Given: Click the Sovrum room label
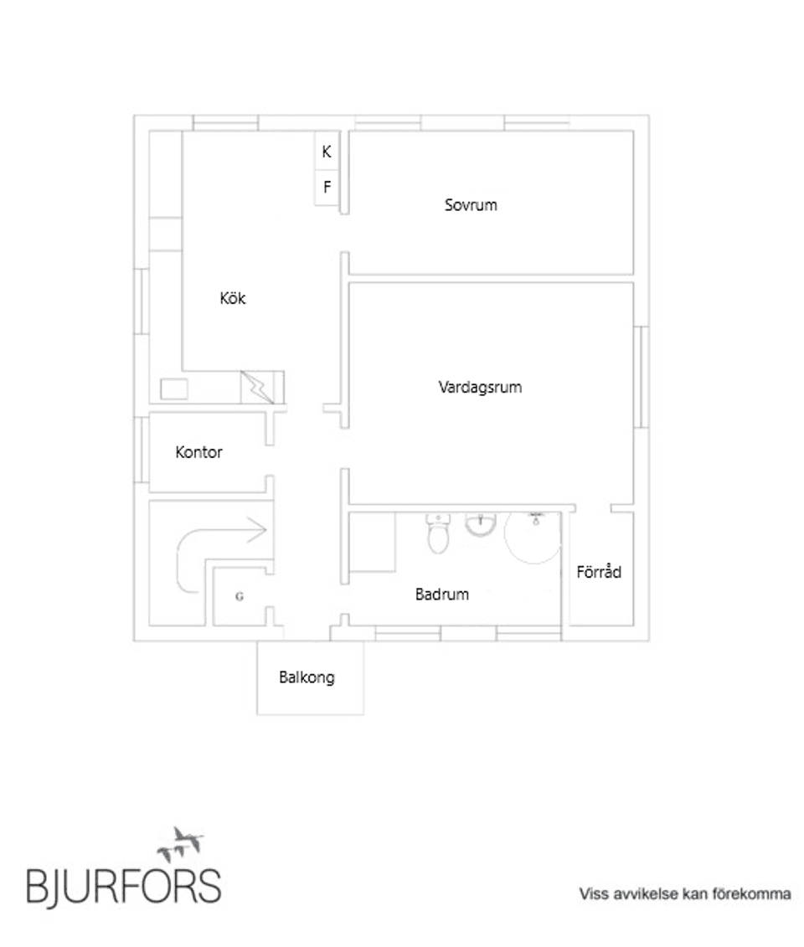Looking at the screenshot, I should [x=471, y=204].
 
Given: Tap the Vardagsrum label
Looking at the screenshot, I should [x=481, y=388].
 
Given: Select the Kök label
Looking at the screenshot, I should [x=233, y=298].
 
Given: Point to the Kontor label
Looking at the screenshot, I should [x=199, y=452].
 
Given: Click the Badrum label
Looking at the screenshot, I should [x=442, y=594].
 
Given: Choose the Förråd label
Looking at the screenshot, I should [x=599, y=573].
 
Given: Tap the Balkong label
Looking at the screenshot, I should [x=307, y=677].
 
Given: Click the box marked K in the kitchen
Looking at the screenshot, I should [x=327, y=152].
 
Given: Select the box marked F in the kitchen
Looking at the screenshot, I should [x=327, y=188].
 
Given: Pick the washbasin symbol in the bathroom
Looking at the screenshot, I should [x=481, y=525].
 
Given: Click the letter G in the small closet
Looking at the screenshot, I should [x=240, y=597].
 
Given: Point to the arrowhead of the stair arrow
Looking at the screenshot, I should [x=260, y=529].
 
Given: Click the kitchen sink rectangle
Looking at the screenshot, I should [x=174, y=389].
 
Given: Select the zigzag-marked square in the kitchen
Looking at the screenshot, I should [x=258, y=388].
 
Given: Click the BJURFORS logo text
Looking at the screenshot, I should [x=124, y=884].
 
